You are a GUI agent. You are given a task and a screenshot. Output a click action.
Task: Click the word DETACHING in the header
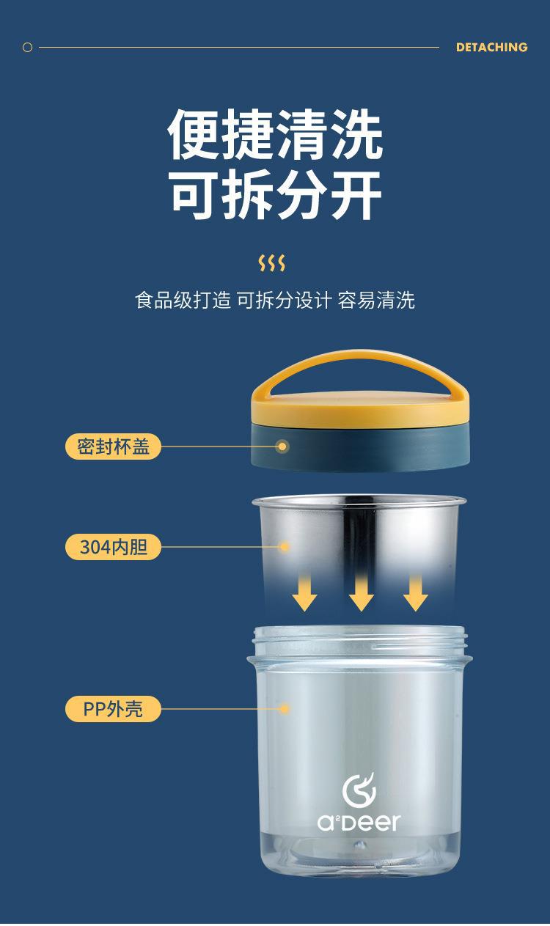(x=491, y=47)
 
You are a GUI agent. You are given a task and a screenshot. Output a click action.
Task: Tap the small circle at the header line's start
(x=27, y=47)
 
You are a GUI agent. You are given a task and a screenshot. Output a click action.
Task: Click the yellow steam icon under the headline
(x=271, y=262)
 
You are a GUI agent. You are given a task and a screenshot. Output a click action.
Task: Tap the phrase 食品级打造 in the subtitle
(x=183, y=300)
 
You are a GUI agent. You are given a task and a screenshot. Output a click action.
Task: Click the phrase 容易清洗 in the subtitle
(x=376, y=300)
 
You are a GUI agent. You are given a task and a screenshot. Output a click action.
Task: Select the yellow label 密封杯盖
(x=113, y=447)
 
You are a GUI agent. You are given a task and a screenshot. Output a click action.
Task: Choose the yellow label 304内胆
(x=113, y=547)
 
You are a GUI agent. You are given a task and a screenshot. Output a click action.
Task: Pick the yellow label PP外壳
(x=113, y=709)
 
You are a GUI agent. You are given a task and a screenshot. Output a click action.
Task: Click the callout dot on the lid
(x=282, y=447)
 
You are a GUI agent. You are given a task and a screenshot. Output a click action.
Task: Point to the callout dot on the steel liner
(x=284, y=547)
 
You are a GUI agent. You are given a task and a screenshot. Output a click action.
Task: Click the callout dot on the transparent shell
(x=284, y=709)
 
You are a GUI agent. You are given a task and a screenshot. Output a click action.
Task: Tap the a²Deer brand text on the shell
(x=359, y=823)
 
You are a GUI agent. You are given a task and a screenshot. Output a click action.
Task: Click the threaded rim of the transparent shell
(x=360, y=640)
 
